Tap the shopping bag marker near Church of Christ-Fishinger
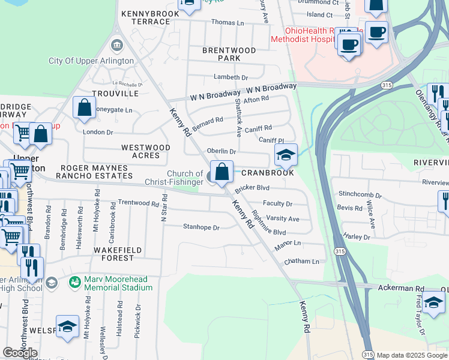click(221, 172)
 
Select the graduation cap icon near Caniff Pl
click(286, 156)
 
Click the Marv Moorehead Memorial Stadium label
click(118, 283)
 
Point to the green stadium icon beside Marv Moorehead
click(75, 281)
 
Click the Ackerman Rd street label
click(401, 289)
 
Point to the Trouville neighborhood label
click(111, 94)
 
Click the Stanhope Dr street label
click(201, 227)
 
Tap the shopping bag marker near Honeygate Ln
click(85, 108)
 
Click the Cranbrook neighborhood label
click(268, 172)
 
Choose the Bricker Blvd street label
click(252, 188)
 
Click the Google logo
click(20, 353)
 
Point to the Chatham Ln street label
click(302, 262)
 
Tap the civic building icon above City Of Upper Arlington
click(117, 46)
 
